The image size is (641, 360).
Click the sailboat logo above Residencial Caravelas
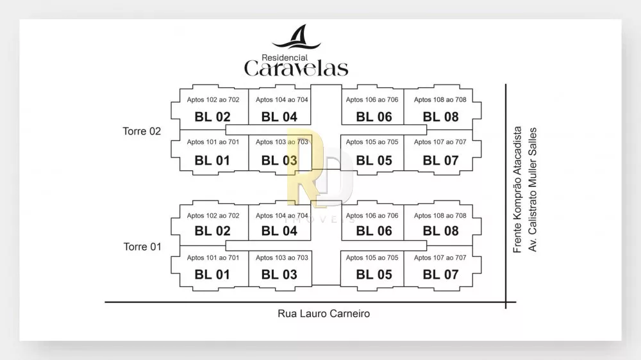coord(296,37)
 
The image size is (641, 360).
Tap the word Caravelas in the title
coord(296,69)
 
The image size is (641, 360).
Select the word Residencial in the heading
coord(285,58)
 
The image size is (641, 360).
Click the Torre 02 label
coord(142,131)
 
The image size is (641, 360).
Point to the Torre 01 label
coord(142,247)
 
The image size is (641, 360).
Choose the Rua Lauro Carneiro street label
coord(324,314)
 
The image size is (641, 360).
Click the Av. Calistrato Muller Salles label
coord(532,190)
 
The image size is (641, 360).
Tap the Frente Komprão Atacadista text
coord(517,190)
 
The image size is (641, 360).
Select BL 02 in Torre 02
coord(213,117)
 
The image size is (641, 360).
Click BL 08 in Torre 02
coord(441,117)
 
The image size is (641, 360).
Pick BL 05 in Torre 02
coord(374,161)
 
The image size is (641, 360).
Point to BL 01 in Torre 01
coord(212,275)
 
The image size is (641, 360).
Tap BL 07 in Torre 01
coord(441,275)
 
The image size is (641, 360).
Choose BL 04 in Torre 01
coord(279,231)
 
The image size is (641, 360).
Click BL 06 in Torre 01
coord(374,231)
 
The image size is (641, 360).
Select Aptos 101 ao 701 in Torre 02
coord(213,142)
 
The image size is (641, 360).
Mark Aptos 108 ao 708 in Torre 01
coord(440,215)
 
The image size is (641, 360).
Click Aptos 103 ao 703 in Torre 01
coord(282,258)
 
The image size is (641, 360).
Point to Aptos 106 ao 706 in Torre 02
coord(372,99)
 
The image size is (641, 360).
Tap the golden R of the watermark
coord(304,168)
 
